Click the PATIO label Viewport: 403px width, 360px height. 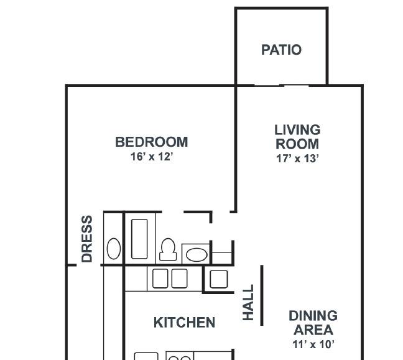point(281,50)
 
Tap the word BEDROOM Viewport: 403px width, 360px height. point(152,142)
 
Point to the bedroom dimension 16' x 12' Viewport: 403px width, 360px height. point(152,157)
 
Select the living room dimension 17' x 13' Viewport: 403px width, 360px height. point(297,159)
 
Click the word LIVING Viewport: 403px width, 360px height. point(297,130)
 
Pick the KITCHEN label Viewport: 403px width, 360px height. point(184,323)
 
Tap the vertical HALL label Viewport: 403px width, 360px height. point(248,302)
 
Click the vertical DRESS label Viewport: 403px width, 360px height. point(87,239)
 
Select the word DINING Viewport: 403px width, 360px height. point(313,316)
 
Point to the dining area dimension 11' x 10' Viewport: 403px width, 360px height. point(313,344)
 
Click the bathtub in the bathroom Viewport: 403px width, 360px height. point(139,239)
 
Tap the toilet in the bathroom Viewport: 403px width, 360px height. point(168,249)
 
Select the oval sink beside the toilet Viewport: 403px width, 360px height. point(197,255)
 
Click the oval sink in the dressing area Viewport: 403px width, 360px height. point(114,249)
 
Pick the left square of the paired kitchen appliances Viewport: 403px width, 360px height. point(160,279)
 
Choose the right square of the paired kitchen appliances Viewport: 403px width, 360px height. point(179,279)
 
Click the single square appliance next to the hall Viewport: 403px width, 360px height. point(219,279)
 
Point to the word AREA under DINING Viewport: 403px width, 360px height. point(313,330)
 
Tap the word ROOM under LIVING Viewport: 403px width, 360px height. point(297,144)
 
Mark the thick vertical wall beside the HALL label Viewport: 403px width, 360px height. point(262,295)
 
